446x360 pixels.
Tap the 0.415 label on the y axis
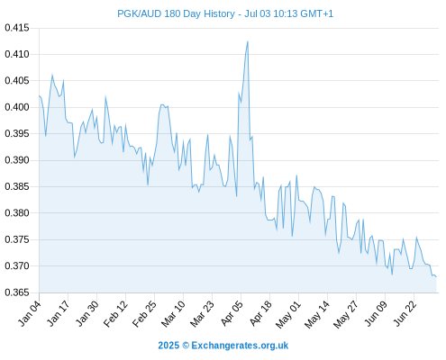click(17, 28)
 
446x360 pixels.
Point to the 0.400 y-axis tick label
click(17, 107)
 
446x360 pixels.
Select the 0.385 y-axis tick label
click(17, 186)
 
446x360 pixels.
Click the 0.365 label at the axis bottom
click(17, 292)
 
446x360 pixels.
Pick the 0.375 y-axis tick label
click(17, 239)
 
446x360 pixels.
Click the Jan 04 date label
click(30, 313)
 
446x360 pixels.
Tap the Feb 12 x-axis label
click(115, 313)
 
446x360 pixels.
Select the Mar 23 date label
click(202, 313)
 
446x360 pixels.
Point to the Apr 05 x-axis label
click(232, 313)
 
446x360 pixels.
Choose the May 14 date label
click(317, 314)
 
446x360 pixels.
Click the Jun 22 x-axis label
click(405, 313)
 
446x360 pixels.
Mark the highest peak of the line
click(248, 41)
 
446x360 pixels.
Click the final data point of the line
click(436, 277)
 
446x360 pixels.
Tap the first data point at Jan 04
click(40, 95)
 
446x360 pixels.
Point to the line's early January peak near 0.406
click(52, 75)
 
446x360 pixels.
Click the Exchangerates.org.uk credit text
click(240, 346)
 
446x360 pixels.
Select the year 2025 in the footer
click(168, 346)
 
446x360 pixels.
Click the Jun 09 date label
click(376, 313)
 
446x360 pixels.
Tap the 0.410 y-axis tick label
click(17, 54)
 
